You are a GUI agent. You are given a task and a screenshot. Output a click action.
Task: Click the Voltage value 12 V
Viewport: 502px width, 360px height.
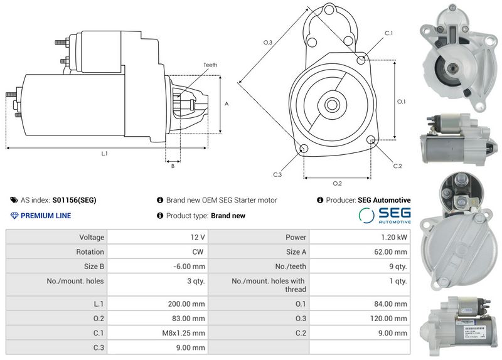coord(198,238)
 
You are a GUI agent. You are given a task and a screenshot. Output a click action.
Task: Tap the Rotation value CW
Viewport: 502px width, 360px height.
coord(200,252)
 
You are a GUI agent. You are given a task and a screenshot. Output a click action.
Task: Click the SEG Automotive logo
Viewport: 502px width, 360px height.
coord(385,216)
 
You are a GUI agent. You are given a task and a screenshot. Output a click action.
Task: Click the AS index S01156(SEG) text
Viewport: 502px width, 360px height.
coord(74,201)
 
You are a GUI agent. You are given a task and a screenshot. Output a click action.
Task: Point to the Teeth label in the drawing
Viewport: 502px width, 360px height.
coord(210,65)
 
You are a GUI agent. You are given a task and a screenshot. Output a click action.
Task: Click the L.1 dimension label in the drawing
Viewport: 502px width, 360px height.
coord(105,154)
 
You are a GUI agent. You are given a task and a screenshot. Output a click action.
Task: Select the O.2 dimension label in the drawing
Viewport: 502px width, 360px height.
coord(337,183)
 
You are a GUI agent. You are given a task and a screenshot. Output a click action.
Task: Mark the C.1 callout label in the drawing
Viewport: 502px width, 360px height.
coord(388,33)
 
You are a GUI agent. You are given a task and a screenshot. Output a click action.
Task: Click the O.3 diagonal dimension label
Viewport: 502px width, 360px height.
coord(267,43)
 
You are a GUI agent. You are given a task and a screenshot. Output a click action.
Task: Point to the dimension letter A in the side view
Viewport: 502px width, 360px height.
coord(227,104)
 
